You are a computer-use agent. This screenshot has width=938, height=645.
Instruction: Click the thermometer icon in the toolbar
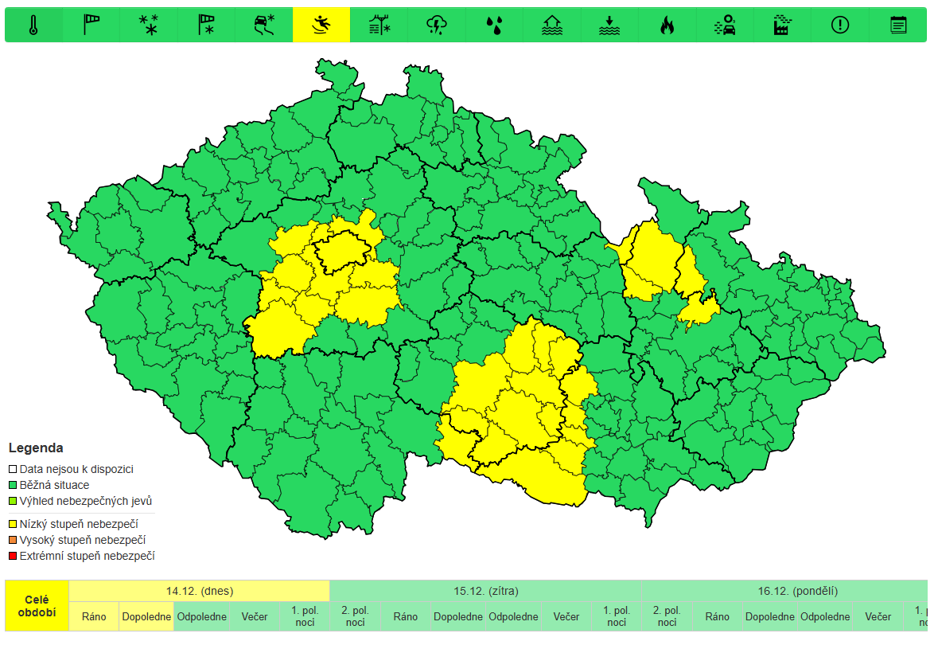point(33,25)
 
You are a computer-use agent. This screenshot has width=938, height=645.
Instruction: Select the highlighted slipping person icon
point(321,25)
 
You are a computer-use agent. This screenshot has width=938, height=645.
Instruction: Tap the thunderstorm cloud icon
point(437,25)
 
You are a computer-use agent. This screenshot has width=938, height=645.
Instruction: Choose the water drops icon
point(494,25)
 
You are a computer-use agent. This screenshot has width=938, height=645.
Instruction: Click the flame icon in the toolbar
point(667,25)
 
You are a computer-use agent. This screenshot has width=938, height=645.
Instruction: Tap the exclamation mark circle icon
point(840,25)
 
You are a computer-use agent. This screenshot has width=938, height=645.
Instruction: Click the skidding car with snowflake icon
point(264,25)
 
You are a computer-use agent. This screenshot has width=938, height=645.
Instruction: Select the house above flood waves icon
point(551,25)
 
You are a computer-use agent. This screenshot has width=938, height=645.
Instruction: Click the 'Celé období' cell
point(37,606)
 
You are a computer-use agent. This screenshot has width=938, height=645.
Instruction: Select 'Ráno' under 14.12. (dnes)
point(94,616)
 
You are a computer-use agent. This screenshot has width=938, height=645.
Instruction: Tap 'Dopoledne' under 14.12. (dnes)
point(146,616)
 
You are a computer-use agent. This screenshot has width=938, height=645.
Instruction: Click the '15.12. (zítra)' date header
point(485,591)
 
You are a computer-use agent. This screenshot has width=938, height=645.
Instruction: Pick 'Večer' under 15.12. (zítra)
point(566,616)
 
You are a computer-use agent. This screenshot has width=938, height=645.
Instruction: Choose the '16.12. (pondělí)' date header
point(797,591)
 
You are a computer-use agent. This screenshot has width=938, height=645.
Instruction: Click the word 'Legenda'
point(36,448)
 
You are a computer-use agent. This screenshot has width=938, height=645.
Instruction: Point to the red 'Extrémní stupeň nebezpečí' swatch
point(13,556)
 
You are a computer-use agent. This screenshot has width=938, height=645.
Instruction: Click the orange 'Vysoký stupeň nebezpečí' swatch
point(13,541)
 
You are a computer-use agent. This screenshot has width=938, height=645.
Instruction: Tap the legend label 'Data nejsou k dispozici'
point(76,469)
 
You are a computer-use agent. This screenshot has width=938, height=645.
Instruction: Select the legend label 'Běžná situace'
point(54,485)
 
